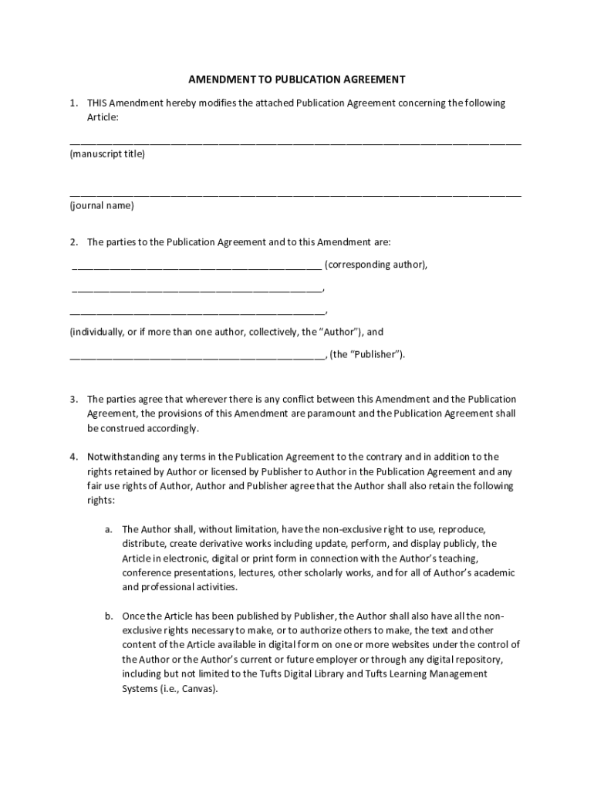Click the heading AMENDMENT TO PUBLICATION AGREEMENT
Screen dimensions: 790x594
coord(297,79)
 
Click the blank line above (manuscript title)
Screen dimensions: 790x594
coord(295,143)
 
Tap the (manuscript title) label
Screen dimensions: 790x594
coord(107,154)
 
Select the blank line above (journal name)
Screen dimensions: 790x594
coord(295,194)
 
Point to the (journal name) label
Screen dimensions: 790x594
coord(102,206)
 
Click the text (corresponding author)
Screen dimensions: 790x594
coord(376,265)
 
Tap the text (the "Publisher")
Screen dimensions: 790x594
coord(367,355)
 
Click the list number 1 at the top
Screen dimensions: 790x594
coord(73,103)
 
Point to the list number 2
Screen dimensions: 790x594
coord(73,242)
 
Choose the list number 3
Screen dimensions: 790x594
coord(73,400)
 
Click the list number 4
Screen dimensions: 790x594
coord(73,457)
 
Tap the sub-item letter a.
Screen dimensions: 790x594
coord(109,529)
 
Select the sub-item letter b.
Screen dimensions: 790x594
coord(109,616)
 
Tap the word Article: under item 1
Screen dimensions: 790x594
coord(103,117)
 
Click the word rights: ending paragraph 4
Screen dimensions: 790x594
coord(100,501)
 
